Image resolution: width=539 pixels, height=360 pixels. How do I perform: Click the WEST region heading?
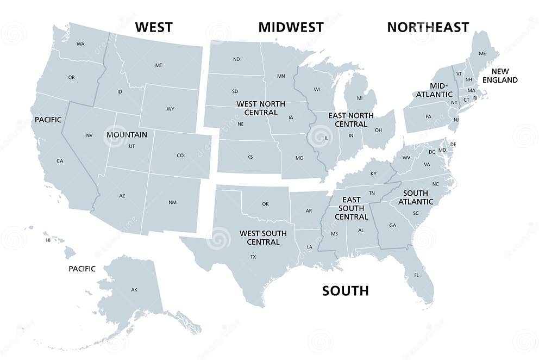point(154,27)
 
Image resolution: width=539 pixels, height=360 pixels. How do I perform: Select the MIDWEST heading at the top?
point(291,27)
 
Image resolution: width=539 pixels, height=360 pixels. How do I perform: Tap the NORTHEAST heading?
point(428,27)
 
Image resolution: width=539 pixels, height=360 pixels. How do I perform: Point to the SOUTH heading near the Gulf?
point(345,291)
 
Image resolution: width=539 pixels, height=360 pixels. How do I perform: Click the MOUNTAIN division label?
point(127,134)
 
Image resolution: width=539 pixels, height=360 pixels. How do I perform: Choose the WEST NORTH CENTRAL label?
point(257,108)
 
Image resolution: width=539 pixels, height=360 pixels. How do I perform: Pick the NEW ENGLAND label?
point(504,76)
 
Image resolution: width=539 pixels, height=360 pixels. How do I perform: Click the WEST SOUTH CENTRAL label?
point(263,238)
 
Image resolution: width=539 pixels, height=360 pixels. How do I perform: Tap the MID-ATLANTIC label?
point(434,90)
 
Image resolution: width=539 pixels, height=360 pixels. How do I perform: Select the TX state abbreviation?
point(253,257)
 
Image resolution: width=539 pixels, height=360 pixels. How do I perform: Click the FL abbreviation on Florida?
point(417,275)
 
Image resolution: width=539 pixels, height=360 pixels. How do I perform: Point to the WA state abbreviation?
point(80,44)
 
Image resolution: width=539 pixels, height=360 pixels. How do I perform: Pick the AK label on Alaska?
point(134,290)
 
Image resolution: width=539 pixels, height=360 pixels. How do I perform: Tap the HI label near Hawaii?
point(48,240)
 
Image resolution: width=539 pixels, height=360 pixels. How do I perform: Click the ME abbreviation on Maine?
point(482,54)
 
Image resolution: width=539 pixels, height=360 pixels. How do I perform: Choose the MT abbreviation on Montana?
point(159,65)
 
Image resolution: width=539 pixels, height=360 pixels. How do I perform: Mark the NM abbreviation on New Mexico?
point(172,202)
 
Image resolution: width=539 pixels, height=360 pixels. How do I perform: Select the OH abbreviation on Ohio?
point(378,130)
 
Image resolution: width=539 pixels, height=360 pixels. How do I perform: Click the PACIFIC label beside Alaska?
point(82,269)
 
